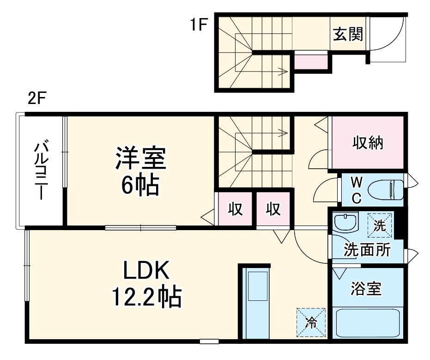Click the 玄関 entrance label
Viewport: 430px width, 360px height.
(x=348, y=34)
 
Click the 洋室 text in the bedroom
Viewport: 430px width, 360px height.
(x=140, y=158)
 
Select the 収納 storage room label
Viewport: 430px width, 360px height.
(x=368, y=143)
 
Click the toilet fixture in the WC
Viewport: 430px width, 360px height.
(x=388, y=190)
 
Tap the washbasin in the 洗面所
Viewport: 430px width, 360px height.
(x=345, y=222)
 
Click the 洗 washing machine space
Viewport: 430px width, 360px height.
(x=380, y=225)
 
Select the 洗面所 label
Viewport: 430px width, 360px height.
(x=367, y=250)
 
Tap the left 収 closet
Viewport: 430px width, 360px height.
(x=235, y=209)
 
